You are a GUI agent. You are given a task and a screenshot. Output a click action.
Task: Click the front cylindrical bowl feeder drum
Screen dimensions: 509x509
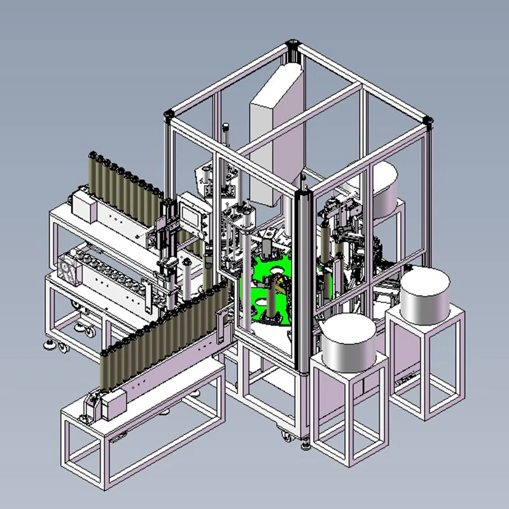(348, 342)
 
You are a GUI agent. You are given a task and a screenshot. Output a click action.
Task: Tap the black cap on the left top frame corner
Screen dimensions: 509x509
(169, 115)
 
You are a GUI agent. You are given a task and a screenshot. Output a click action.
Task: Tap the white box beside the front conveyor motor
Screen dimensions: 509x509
(115, 402)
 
